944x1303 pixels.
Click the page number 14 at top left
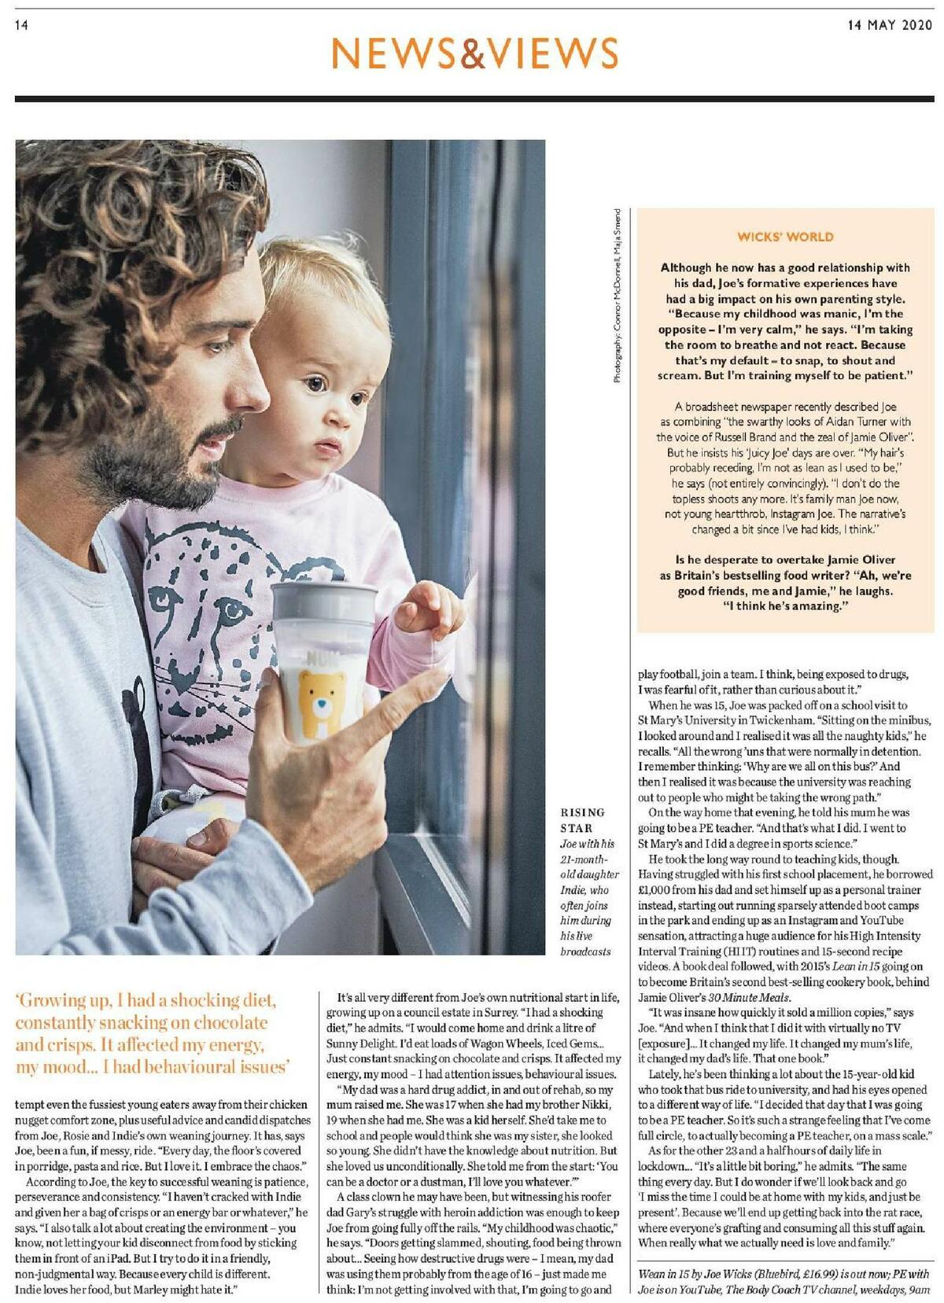pos(21,25)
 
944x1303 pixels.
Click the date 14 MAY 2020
pos(889,24)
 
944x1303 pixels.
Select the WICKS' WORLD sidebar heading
pos(785,237)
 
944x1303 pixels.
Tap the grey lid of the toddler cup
pos(323,604)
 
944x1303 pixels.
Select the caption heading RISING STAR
pos(582,820)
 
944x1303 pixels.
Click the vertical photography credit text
pos(618,296)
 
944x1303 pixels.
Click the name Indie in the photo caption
pos(572,890)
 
